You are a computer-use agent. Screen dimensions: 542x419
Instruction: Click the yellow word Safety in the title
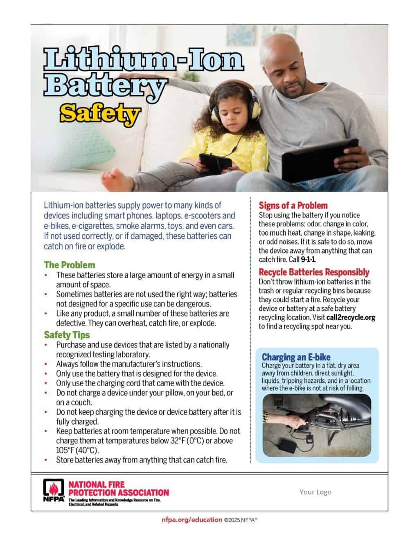[99, 113]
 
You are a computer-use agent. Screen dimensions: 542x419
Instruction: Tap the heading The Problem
[70, 265]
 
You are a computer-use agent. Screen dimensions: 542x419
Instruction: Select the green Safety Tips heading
[67, 335]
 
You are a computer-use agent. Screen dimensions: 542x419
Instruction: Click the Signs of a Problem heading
[293, 205]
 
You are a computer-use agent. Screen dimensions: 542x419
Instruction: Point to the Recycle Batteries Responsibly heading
[314, 272]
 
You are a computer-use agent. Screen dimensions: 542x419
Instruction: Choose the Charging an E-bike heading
[296, 357]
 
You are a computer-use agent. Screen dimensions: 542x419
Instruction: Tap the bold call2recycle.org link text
[351, 317]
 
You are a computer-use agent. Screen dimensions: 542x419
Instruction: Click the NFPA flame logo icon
[53, 490]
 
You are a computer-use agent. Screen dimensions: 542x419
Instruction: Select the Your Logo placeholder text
[315, 492]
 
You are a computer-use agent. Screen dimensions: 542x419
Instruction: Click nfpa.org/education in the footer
[192, 520]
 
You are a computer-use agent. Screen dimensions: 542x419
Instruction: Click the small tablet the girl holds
[214, 162]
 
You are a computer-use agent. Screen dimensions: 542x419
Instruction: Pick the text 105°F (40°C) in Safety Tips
[77, 450]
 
